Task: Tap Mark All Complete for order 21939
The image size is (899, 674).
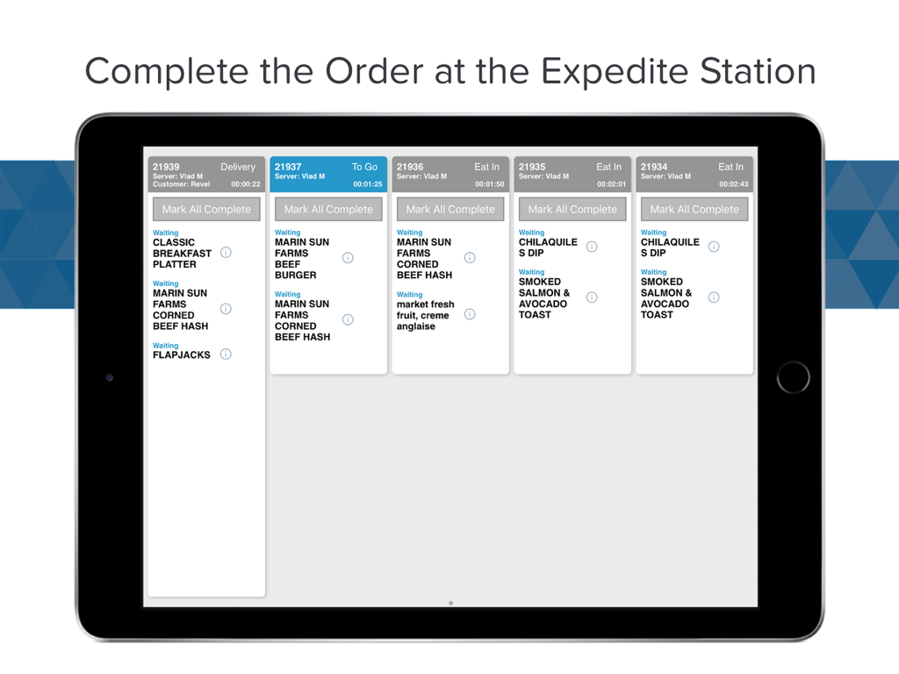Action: click(x=206, y=210)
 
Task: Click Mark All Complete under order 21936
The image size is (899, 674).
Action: click(x=450, y=210)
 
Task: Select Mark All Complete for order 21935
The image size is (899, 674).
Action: click(x=572, y=210)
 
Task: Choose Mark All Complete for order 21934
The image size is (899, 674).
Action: click(x=694, y=210)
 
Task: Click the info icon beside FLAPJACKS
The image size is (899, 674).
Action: click(x=226, y=355)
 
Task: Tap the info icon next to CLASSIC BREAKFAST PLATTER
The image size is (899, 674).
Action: click(x=226, y=253)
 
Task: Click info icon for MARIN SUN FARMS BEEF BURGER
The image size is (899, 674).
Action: click(x=348, y=258)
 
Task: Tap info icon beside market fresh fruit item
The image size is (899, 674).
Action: click(x=470, y=314)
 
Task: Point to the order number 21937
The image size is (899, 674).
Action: click(x=288, y=167)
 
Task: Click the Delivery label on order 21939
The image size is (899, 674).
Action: click(x=238, y=167)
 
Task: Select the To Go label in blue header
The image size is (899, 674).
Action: click(x=364, y=167)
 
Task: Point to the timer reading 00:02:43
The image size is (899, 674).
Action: click(x=734, y=184)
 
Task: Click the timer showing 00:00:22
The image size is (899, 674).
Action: click(x=246, y=184)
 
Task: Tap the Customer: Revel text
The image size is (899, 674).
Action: click(x=182, y=184)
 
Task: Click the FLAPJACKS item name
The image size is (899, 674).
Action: click(x=182, y=355)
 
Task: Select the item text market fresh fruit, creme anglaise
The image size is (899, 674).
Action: click(x=426, y=315)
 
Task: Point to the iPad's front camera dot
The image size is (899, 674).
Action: click(x=109, y=377)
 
